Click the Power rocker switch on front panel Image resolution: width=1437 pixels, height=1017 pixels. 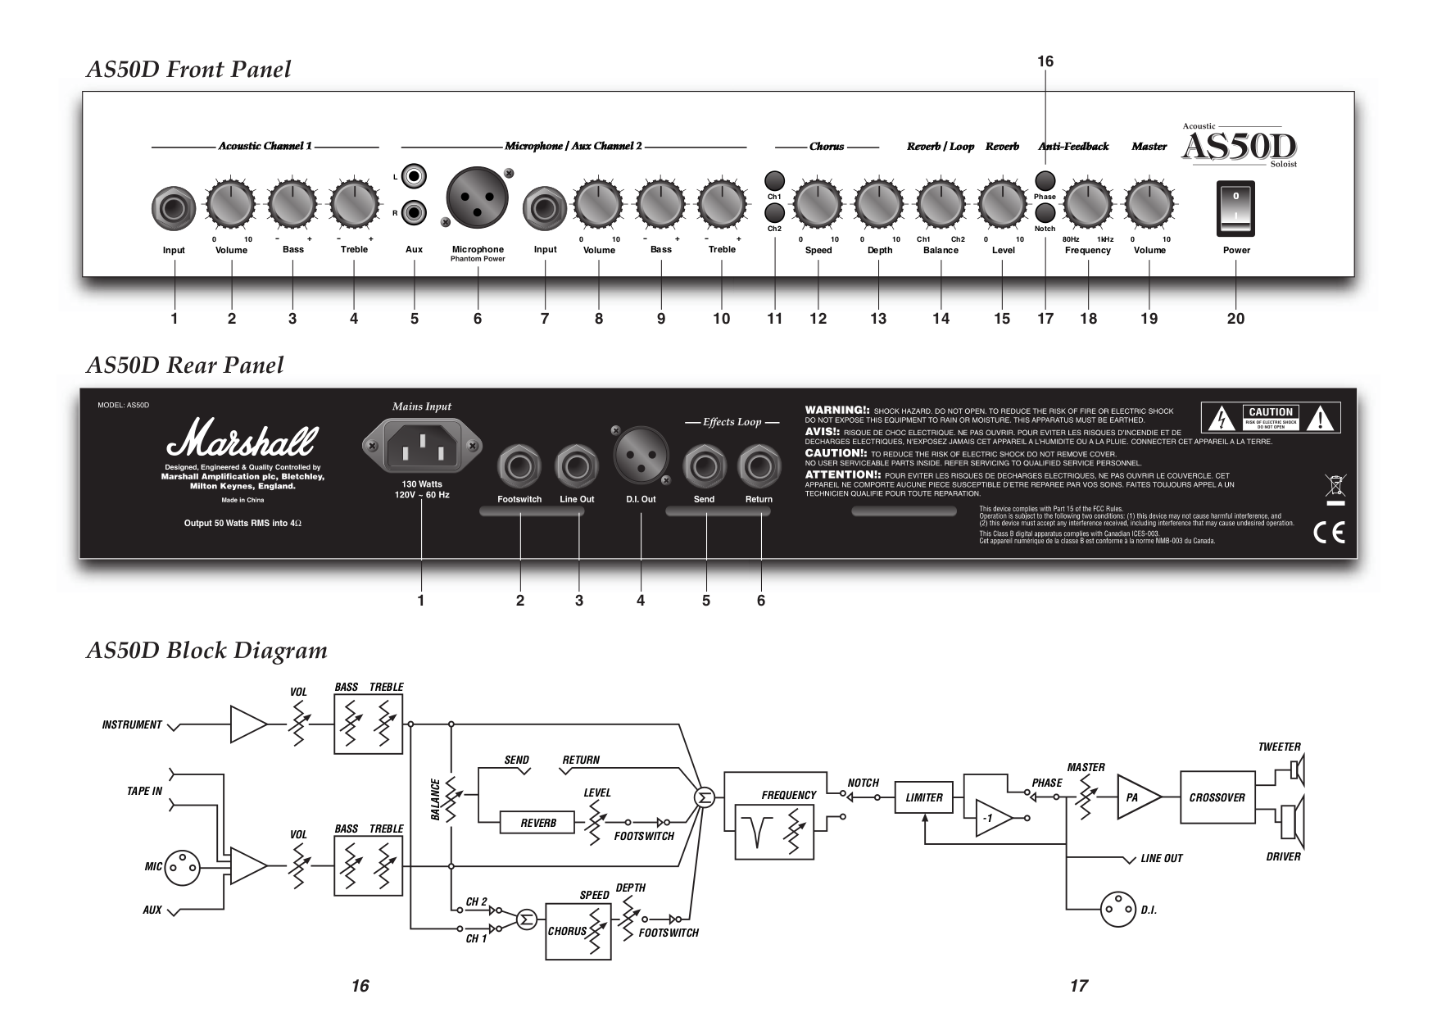pyautogui.click(x=1235, y=208)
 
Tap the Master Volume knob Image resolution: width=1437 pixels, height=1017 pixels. pyautogui.click(x=1149, y=203)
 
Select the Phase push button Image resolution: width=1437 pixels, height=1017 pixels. pyautogui.click(x=1045, y=179)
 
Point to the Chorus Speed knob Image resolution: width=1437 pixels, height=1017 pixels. pyautogui.click(x=818, y=203)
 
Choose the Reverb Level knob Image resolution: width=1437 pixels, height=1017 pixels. pyautogui.click(x=1002, y=203)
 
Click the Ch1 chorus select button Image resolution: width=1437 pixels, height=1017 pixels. pyautogui.click(x=774, y=180)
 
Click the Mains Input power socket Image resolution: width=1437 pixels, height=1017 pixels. pyautogui.click(x=421, y=445)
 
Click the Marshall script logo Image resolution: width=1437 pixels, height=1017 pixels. pyautogui.click(x=240, y=440)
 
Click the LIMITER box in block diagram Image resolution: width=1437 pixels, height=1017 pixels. pyautogui.click(x=923, y=797)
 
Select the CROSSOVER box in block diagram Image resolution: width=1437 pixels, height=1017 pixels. pyautogui.click(x=1217, y=797)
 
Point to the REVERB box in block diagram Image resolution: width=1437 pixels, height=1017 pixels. pyautogui.click(x=538, y=823)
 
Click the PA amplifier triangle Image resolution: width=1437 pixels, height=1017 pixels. pyautogui.click(x=1136, y=797)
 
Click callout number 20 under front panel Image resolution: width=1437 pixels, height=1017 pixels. pyautogui.click(x=1235, y=319)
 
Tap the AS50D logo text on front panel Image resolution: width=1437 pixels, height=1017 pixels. pyautogui.click(x=1240, y=148)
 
